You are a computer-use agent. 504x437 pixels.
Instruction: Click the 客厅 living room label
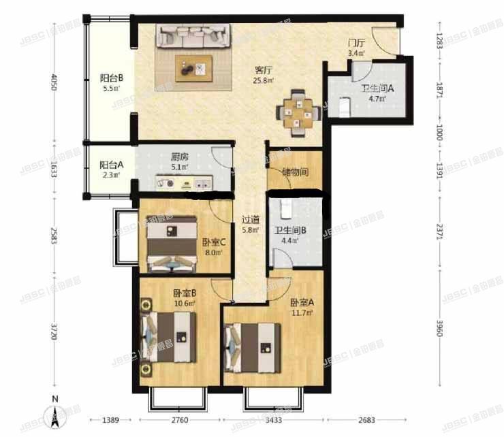click(264, 69)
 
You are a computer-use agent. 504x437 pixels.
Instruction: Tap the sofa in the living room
click(193, 35)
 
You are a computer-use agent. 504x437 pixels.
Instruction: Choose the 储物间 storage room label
click(296, 172)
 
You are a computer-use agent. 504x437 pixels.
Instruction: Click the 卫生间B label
click(289, 231)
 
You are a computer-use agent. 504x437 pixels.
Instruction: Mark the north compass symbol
click(54, 412)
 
